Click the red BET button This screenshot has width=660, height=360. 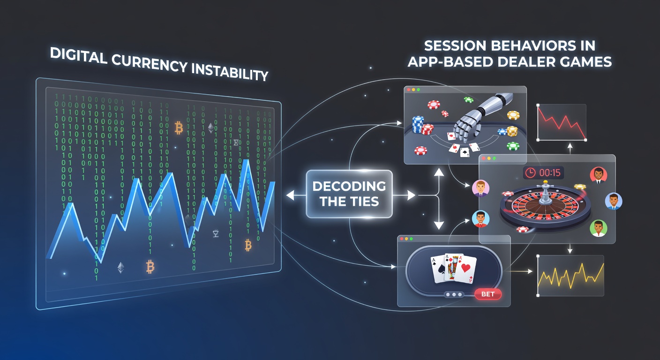488,294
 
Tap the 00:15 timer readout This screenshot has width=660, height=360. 550,172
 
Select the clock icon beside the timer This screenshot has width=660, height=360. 530,172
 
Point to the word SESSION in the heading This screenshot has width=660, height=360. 455,46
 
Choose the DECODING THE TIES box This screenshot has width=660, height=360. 349,194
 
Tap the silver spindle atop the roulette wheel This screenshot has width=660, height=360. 546,193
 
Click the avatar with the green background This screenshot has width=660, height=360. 599,228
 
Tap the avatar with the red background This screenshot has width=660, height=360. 599,175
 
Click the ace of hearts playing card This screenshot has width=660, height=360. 465,269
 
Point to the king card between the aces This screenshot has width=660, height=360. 452,267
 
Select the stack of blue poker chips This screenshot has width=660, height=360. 418,124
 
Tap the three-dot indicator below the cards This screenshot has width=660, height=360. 454,294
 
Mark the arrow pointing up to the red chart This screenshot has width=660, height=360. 570,149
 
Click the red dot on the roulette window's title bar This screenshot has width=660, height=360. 484,158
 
